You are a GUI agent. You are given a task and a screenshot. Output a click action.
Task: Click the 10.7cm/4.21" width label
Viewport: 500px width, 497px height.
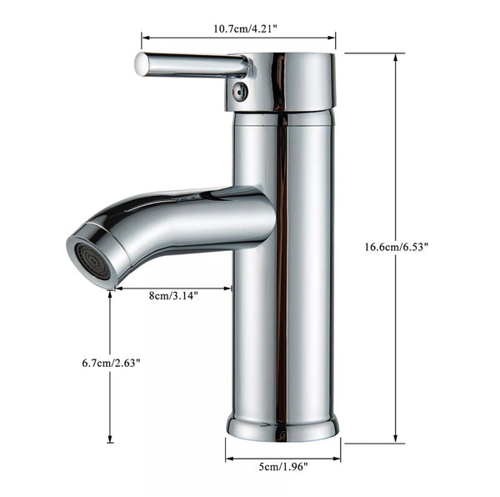tap(238, 28)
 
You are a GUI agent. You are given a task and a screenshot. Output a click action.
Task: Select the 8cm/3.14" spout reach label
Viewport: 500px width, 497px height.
tap(173, 295)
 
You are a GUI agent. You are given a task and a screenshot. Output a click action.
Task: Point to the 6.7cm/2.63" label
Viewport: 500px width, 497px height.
tap(111, 363)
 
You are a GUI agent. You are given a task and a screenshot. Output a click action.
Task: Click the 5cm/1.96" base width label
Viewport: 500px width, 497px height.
tap(282, 467)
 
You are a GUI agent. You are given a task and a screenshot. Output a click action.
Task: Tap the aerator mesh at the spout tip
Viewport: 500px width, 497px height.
tap(90, 259)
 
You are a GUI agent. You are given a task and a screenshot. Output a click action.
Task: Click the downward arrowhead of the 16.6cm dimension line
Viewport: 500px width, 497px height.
tap(396, 439)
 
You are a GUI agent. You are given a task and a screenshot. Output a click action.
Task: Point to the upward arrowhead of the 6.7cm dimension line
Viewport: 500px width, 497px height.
tap(110, 294)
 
